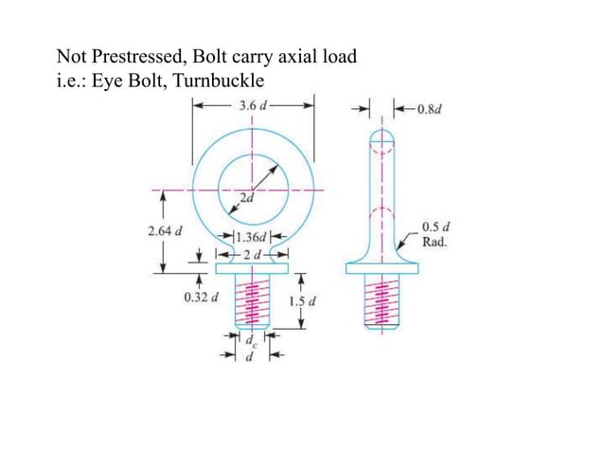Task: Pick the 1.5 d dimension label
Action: pyautogui.click(x=304, y=301)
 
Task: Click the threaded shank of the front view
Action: pyautogui.click(x=252, y=303)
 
